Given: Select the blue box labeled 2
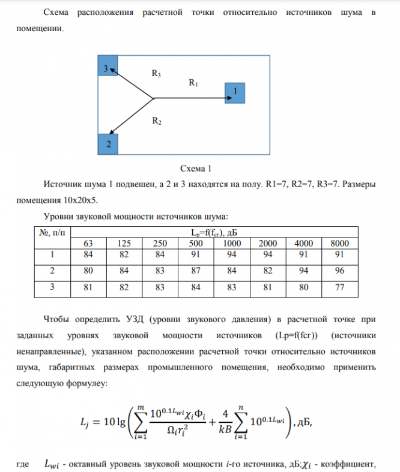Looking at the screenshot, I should coord(108,144).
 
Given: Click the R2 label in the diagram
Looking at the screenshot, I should coord(156,121).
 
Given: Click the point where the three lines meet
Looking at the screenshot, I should coord(154,98).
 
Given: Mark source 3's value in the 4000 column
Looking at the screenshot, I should coord(304,287).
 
